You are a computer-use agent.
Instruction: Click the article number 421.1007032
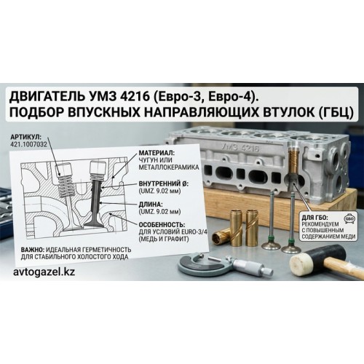coord(28,144)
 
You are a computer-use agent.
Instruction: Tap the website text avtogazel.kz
coord(44,272)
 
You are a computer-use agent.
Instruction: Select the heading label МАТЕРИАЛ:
coord(157,153)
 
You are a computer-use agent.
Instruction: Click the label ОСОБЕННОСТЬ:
coord(162,224)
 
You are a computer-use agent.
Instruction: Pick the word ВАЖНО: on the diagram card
coord(33,250)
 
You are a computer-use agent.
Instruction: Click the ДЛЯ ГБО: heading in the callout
coord(314,217)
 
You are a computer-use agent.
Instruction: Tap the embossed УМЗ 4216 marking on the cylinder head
coord(240,147)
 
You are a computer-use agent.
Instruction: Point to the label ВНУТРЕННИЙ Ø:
coord(164,183)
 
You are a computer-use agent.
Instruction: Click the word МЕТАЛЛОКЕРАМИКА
coord(169,167)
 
